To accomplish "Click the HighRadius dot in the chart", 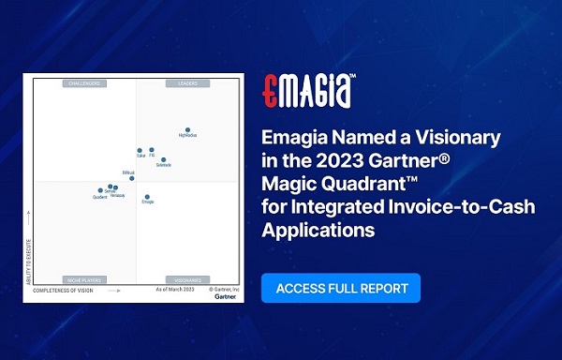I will point(187,129).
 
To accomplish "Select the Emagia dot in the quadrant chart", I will point(147,197).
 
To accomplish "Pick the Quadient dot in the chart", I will point(100,190).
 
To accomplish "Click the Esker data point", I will point(140,150).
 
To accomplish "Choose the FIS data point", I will point(152,149).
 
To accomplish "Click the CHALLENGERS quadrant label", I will point(83,83).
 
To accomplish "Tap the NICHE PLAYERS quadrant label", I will point(83,279).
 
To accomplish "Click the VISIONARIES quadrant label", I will point(185,279).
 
